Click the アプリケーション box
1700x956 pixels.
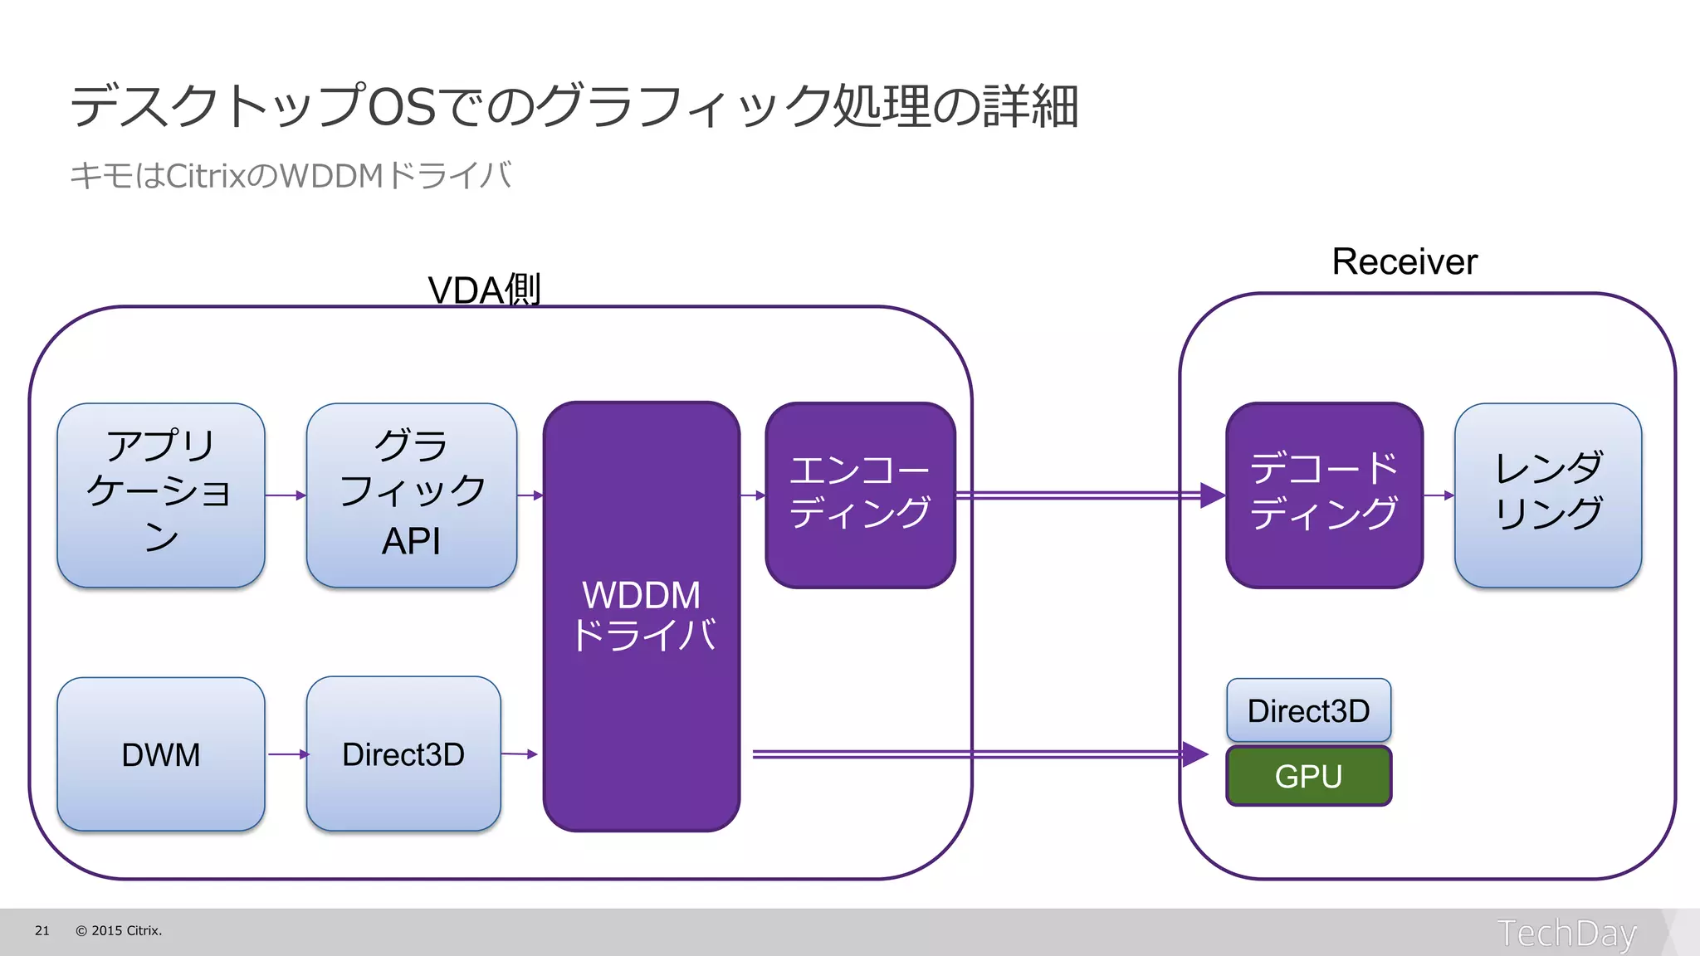click(x=161, y=495)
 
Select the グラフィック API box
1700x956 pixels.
click(x=411, y=495)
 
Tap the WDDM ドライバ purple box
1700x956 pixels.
click(x=642, y=616)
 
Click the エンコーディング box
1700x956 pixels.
click(x=860, y=495)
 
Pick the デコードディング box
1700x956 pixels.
click(x=1324, y=495)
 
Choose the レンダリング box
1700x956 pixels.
click(x=1548, y=495)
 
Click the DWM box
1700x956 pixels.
click(x=161, y=754)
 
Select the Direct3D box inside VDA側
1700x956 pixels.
click(x=403, y=754)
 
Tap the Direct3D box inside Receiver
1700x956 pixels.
click(x=1308, y=710)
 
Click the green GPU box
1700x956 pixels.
click(x=1308, y=776)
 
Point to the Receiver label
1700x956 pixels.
click(x=1404, y=261)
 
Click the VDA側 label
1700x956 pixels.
click(x=484, y=290)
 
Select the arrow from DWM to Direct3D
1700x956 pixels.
click(x=287, y=754)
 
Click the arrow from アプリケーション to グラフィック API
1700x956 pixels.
click(x=286, y=495)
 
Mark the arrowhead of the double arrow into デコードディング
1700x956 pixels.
click(x=1212, y=495)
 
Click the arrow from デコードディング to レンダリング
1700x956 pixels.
click(x=1439, y=495)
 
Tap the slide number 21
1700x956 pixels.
click(x=42, y=930)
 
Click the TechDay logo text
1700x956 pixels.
click(x=1566, y=933)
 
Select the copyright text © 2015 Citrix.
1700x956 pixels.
click(x=119, y=930)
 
